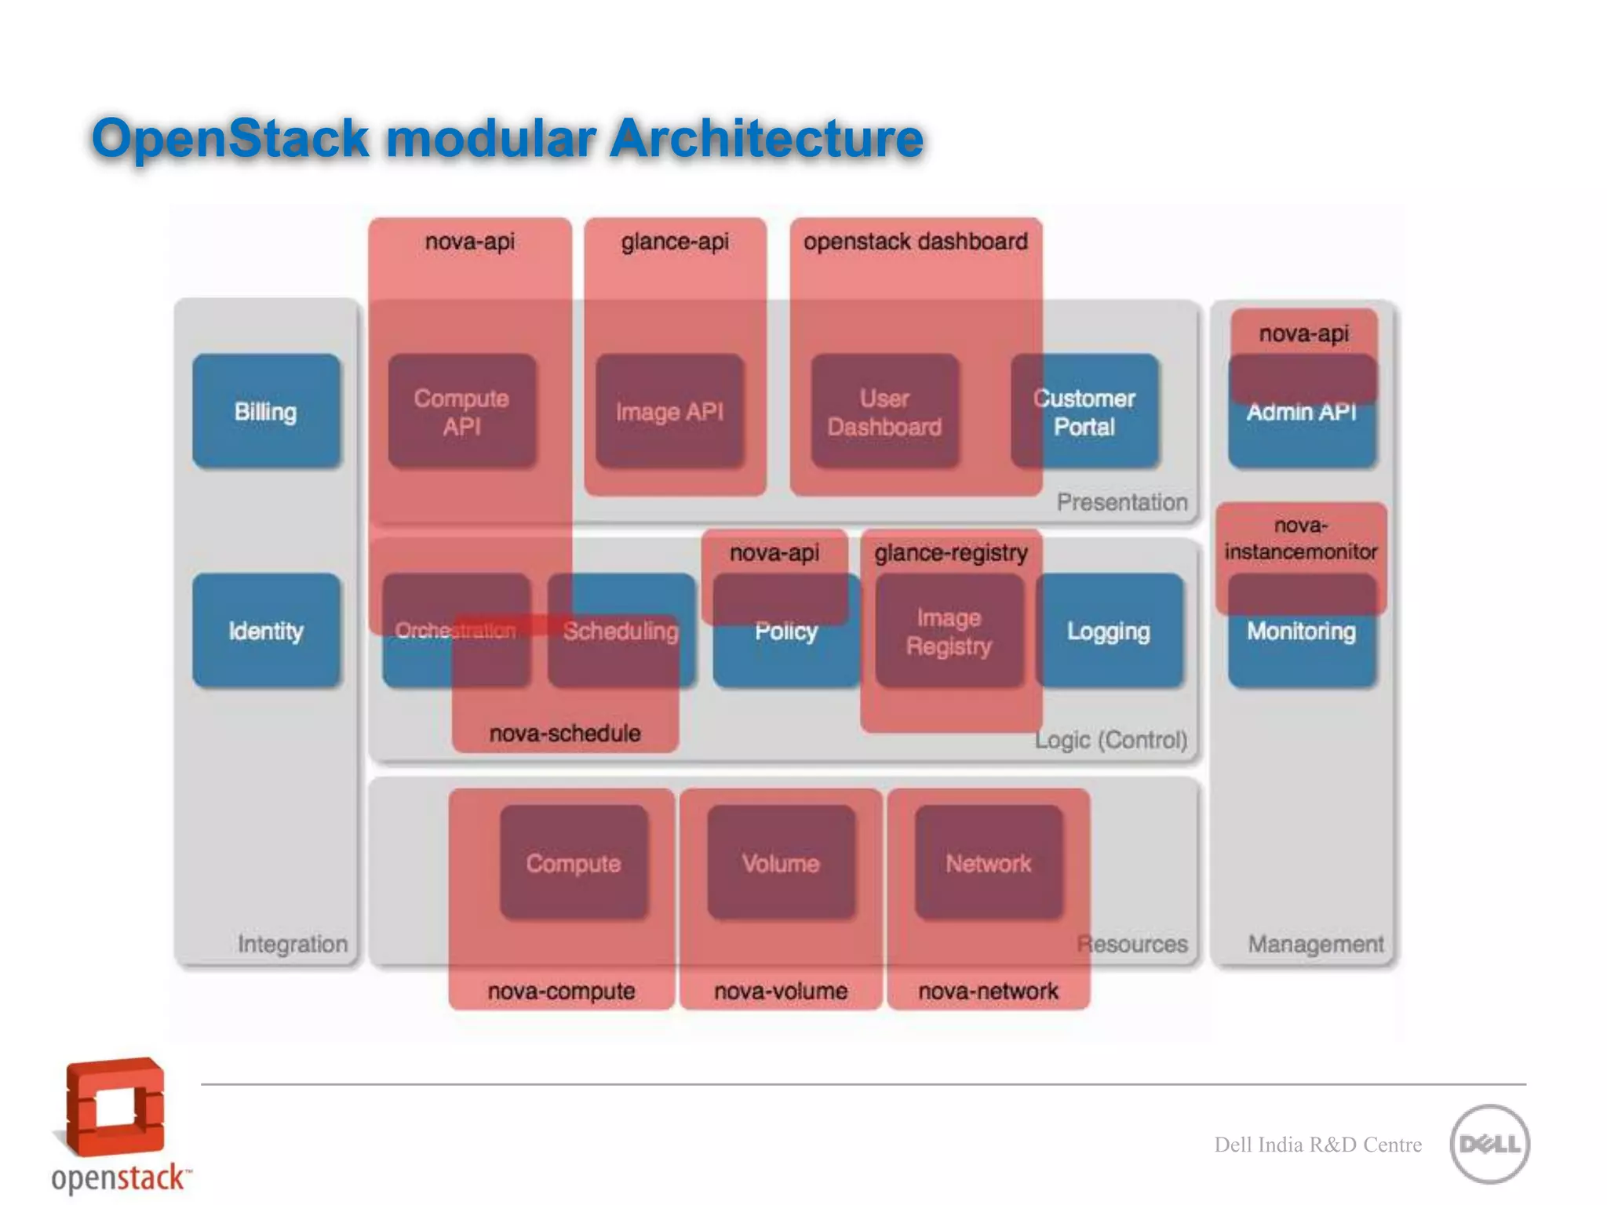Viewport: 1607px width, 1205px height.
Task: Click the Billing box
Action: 266,411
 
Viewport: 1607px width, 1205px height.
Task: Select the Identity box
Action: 266,631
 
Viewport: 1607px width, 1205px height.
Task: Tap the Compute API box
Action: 461,411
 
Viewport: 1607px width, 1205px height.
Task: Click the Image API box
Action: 669,411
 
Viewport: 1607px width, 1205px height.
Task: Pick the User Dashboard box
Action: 884,411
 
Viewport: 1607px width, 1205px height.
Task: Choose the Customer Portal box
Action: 1084,411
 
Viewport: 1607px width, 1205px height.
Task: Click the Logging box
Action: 1109,631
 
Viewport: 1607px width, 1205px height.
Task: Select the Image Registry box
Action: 949,631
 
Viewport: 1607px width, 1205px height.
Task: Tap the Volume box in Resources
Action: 781,863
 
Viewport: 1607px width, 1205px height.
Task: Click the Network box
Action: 988,863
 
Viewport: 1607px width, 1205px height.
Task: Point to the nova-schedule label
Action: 565,734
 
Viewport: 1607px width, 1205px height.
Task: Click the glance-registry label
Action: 951,553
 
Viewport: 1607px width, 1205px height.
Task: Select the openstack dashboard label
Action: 915,242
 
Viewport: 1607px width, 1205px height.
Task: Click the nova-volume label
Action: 781,991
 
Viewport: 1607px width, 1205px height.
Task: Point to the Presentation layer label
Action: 1121,502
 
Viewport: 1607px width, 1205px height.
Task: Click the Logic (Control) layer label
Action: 1110,740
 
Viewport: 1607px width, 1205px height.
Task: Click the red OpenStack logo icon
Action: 115,1108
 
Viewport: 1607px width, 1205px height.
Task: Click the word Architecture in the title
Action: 767,138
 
